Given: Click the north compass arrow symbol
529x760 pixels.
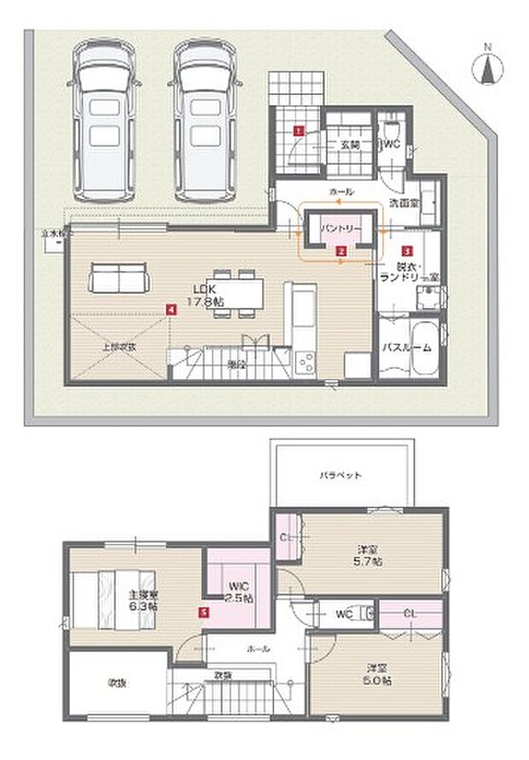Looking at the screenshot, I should coord(488,68).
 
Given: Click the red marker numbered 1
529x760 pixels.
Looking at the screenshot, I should coord(298,131).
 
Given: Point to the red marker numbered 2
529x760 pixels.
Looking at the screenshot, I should coord(340,252).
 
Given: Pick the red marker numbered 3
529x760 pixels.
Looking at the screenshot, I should coord(407,252).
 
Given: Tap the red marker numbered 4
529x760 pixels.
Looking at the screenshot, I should coord(172,308).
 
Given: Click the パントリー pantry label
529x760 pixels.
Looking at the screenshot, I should coord(340,231).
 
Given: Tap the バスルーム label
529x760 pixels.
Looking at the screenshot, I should coord(405,348).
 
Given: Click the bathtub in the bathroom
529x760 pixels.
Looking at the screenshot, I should coord(424,348).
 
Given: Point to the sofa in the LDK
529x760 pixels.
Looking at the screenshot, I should coord(119,278).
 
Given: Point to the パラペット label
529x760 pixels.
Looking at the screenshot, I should coord(342,474).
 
